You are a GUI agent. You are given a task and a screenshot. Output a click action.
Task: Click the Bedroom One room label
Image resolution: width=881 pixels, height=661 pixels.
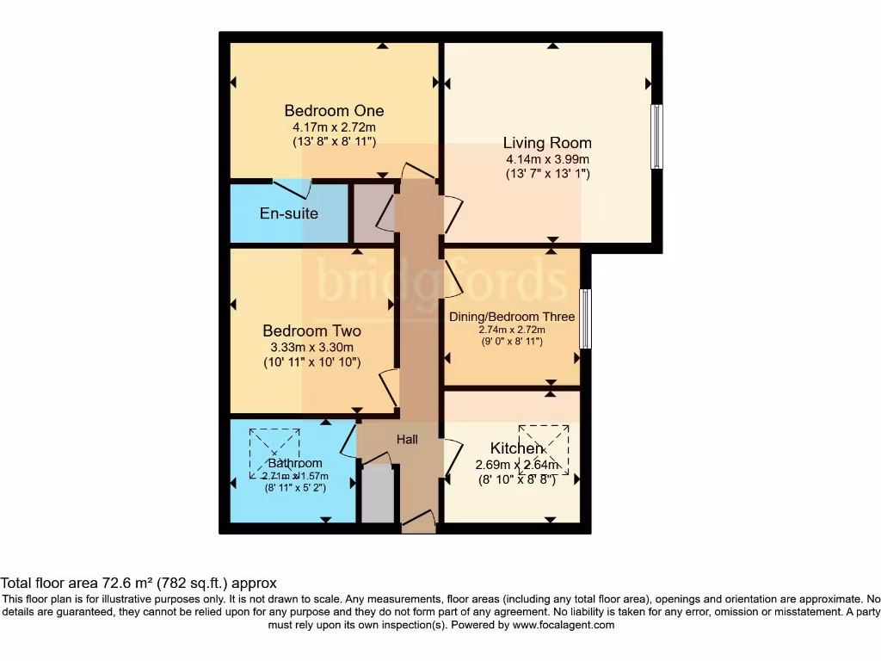[334, 111]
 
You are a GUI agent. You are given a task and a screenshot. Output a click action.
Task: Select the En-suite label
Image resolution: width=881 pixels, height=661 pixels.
[289, 213]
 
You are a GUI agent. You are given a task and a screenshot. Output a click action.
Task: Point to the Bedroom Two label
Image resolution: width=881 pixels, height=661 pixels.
[311, 331]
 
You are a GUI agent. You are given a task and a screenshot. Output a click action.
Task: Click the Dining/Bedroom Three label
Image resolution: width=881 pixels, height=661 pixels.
[512, 317]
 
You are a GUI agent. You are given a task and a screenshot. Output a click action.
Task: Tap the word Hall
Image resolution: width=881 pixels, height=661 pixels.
[407, 440]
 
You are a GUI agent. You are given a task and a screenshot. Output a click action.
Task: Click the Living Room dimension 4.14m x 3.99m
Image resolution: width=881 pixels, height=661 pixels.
[547, 159]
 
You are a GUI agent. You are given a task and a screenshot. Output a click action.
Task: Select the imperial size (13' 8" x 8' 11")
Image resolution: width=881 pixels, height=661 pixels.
[334, 141]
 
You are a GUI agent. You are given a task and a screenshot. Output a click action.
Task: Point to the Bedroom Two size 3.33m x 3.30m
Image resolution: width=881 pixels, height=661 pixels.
[311, 348]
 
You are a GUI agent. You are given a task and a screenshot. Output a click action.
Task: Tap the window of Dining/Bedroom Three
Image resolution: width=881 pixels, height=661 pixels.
[585, 318]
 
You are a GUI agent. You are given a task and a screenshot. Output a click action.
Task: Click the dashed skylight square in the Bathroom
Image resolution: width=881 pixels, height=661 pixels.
[274, 454]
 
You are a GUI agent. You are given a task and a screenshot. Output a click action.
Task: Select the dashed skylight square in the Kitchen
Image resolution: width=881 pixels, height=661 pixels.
[544, 448]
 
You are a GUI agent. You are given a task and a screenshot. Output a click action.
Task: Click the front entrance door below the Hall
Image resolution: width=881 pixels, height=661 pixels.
[418, 520]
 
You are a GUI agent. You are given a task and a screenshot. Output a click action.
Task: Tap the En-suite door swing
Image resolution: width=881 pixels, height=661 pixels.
[290, 187]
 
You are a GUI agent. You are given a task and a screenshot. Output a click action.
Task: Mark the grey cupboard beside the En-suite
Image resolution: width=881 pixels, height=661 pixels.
[372, 212]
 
